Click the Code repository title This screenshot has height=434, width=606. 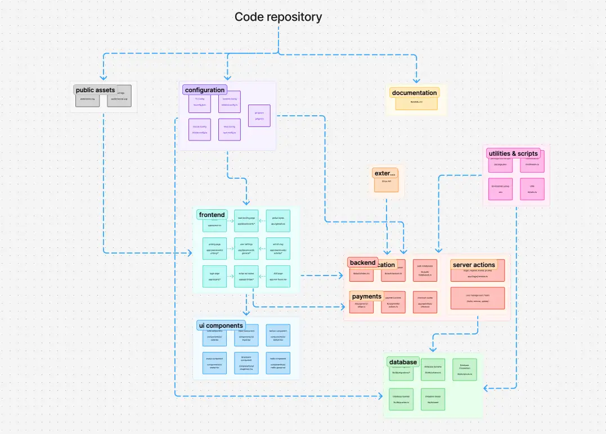pyautogui.click(x=278, y=17)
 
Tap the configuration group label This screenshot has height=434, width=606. pyautogui.click(x=205, y=90)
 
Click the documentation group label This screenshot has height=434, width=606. pyautogui.click(x=414, y=93)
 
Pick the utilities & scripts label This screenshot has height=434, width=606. pyautogui.click(x=514, y=153)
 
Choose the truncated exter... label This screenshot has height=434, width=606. pyautogui.click(x=385, y=173)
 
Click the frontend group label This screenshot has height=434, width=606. pyautogui.click(x=212, y=215)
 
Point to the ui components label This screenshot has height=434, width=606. pyautogui.click(x=221, y=325)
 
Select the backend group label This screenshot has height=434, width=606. pyautogui.click(x=362, y=263)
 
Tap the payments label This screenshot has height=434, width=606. pyautogui.click(x=366, y=296)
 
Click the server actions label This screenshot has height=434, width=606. pyautogui.click(x=473, y=265)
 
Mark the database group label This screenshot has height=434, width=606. pyautogui.click(x=403, y=362)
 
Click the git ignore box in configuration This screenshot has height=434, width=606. pyautogui.click(x=259, y=116)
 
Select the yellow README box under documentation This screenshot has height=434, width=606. pyautogui.click(x=416, y=103)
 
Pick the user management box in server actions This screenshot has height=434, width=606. pyautogui.click(x=477, y=299)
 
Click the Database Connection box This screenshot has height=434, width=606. pyautogui.click(x=465, y=369)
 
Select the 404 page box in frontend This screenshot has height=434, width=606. pyautogui.click(x=278, y=276)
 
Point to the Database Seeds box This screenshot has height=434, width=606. pyautogui.click(x=433, y=399)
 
